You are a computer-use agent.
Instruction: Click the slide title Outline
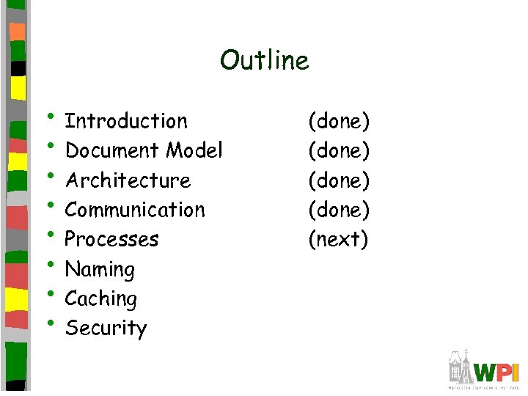264,60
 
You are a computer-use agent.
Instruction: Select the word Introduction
126,121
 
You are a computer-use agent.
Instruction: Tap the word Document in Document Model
112,150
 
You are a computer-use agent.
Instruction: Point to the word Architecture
128,180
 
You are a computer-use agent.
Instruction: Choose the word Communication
135,210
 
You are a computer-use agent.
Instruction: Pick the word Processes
111,239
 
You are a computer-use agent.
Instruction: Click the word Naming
100,270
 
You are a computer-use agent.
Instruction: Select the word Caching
101,299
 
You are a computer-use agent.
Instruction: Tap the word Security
106,329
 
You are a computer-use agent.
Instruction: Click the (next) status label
338,239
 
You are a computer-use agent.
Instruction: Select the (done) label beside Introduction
339,121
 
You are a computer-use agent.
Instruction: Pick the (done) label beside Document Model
339,150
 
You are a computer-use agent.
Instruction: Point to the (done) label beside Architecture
339,180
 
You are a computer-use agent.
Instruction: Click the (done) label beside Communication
339,210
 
